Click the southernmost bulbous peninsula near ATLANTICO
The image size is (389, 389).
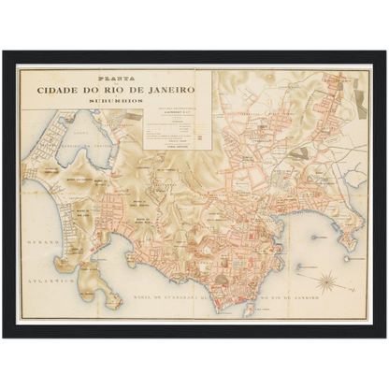click(112, 299)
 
